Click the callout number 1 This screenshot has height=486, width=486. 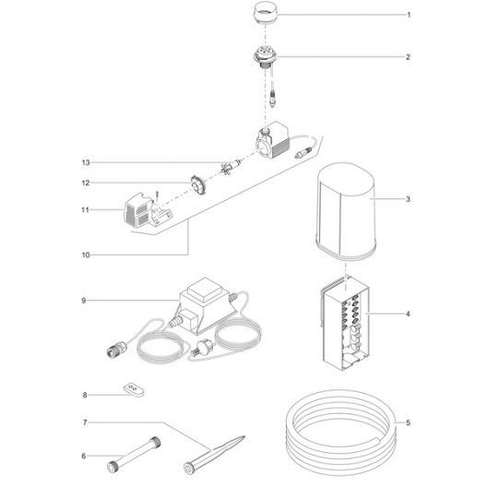click(x=409, y=15)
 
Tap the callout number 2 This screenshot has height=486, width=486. click(x=408, y=57)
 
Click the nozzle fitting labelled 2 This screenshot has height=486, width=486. click(x=266, y=58)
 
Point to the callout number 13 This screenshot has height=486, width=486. click(x=86, y=162)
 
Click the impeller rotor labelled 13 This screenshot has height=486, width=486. click(x=231, y=167)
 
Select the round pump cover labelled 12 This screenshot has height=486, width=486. click(x=197, y=185)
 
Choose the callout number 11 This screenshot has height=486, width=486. click(x=85, y=210)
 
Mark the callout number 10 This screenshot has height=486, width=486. click(x=86, y=255)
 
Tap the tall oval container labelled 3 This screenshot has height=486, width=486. click(x=346, y=211)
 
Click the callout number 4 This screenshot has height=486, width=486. click(x=408, y=314)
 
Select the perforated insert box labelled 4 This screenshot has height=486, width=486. click(x=346, y=323)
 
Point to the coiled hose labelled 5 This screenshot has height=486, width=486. click(x=341, y=433)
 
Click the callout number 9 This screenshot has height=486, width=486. click(x=84, y=301)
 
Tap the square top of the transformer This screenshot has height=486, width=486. click(x=205, y=290)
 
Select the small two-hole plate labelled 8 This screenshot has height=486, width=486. click(x=134, y=389)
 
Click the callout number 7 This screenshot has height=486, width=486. click(x=85, y=422)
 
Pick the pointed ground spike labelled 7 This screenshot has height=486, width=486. click(x=214, y=454)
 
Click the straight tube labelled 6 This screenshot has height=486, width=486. click(x=135, y=455)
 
